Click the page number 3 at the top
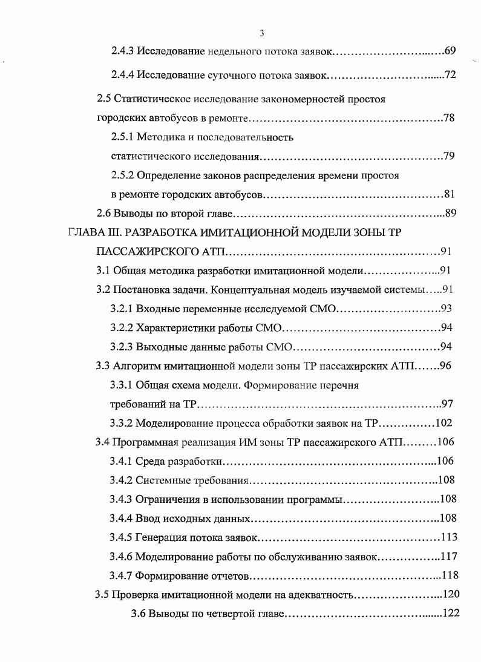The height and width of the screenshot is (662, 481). coord(261,33)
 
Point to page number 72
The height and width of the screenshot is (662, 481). coord(450,75)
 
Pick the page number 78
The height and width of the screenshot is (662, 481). coord(449,117)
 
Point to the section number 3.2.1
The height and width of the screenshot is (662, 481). coord(122,309)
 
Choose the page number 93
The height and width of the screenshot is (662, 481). coord(447,309)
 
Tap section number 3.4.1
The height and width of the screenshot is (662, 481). coord(122,461)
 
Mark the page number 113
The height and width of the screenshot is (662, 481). coord(448,537)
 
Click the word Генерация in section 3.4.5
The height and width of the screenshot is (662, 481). coord(160,537)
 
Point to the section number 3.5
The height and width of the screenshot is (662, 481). coord(102,594)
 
